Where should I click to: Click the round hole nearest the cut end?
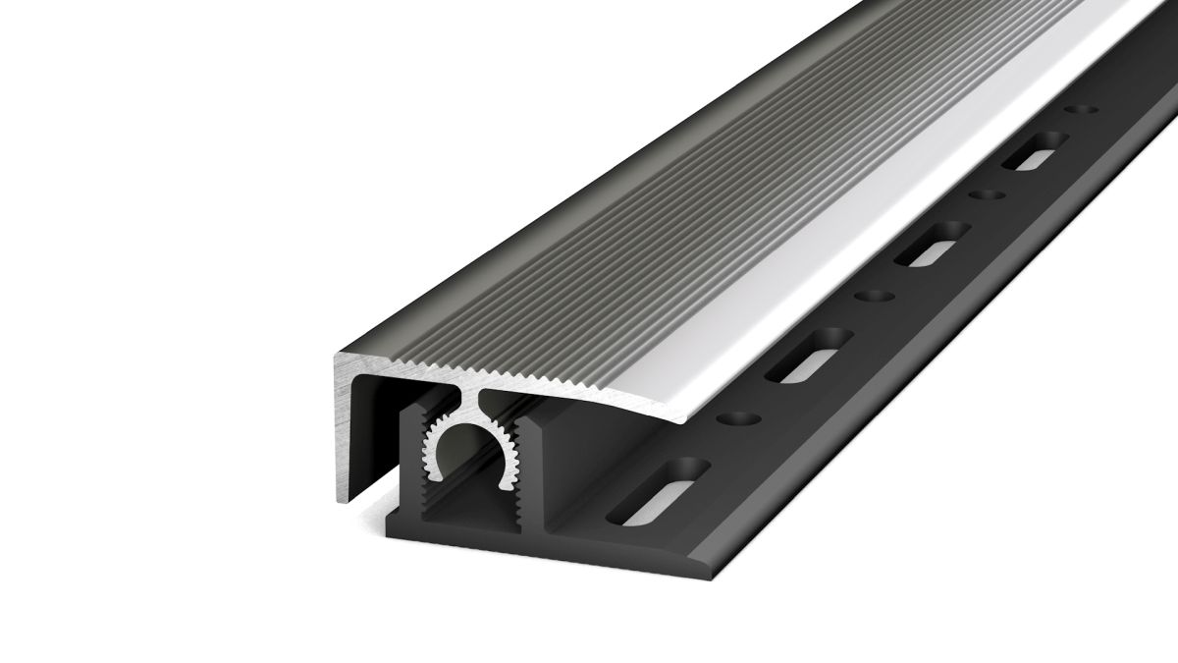[x=739, y=419]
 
